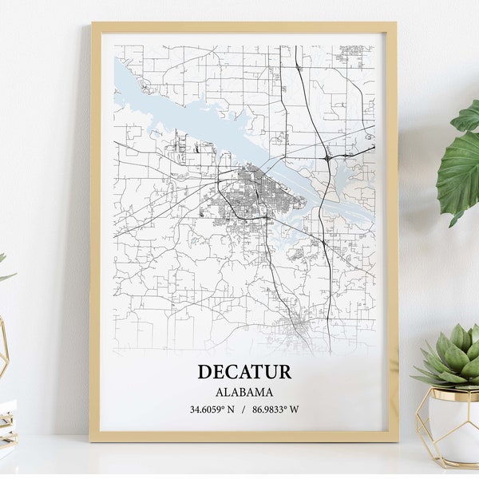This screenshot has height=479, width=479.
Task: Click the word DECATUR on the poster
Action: (244, 372)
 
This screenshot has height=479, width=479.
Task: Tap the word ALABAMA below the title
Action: (244, 392)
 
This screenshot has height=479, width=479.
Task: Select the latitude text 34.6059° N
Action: (213, 410)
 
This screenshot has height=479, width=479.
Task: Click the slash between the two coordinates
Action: (243, 410)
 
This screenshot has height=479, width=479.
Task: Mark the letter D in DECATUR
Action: (205, 372)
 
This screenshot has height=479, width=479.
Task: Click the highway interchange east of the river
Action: (328, 158)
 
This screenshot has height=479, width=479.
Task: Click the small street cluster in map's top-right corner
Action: (353, 54)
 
